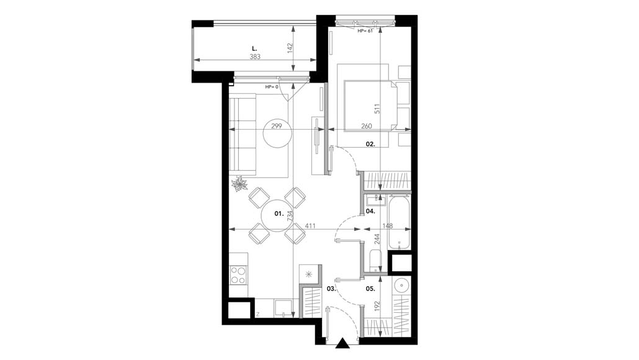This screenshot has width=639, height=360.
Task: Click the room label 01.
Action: pyautogui.click(x=279, y=214)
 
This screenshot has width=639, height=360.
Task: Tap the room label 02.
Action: pyautogui.click(x=370, y=144)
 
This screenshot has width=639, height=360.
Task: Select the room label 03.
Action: pyautogui.click(x=331, y=289)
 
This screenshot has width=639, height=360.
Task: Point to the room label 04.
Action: pyautogui.click(x=370, y=211)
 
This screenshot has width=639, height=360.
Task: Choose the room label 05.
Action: pyautogui.click(x=370, y=289)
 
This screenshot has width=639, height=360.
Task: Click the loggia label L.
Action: pyautogui.click(x=255, y=48)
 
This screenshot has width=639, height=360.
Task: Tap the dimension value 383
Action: pyautogui.click(x=255, y=57)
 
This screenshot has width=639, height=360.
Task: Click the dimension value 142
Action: pyautogui.click(x=290, y=48)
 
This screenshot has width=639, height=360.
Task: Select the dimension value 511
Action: pyautogui.click(x=377, y=108)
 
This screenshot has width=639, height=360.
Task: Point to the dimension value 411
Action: pyautogui.click(x=311, y=226)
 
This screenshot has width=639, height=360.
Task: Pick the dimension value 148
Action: pyautogui.click(x=388, y=226)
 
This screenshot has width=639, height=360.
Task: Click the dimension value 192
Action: pyautogui.click(x=377, y=307)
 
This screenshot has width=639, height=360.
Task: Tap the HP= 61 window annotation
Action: pyautogui.click(x=365, y=31)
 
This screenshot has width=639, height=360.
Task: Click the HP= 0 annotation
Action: pyautogui.click(x=272, y=87)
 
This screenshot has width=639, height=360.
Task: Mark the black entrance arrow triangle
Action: pyautogui.click(x=343, y=344)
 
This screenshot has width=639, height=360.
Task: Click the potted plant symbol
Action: pyautogui.click(x=239, y=184)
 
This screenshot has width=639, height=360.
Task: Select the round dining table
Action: pyautogui.click(x=277, y=215)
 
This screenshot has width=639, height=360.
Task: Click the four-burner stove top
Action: pyautogui.click(x=238, y=275)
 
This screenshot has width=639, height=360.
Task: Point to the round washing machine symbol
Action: pyautogui.click(x=402, y=286)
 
